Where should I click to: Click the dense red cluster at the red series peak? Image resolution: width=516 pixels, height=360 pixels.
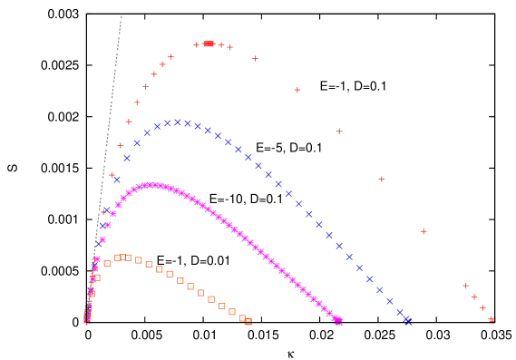pos(209,44)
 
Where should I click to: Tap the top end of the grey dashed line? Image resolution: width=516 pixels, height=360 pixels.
pos(122,15)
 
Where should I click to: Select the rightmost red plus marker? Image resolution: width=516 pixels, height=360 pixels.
pos(492,320)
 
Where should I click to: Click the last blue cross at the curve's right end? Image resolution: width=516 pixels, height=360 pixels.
pos(408,321)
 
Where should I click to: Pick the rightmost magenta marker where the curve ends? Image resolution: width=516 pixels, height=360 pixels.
pos(338,321)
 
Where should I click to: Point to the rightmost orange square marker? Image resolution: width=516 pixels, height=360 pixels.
pos(248,321)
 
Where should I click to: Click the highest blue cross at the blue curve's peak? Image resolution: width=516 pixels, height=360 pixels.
pos(178,122)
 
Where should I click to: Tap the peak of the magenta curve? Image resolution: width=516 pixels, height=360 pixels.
pos(152,185)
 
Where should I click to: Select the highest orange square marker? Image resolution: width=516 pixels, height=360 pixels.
pos(122,258)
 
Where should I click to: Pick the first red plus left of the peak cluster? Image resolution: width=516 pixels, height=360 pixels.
pos(196,44)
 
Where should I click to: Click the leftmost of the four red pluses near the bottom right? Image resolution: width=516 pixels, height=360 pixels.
pos(465,286)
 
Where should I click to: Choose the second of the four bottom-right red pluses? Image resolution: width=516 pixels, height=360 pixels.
pos(473,297)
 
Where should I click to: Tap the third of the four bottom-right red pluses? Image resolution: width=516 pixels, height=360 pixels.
pos(482,308)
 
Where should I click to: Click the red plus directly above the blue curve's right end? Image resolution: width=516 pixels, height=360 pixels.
pos(424,231)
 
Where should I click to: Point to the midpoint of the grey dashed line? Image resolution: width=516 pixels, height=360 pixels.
pos(104,168)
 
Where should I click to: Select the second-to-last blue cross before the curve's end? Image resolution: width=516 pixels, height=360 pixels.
pos(400,313)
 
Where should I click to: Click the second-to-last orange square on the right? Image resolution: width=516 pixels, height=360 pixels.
pos(242,318)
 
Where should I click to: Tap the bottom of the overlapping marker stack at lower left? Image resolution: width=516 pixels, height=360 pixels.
pos(87,319)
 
